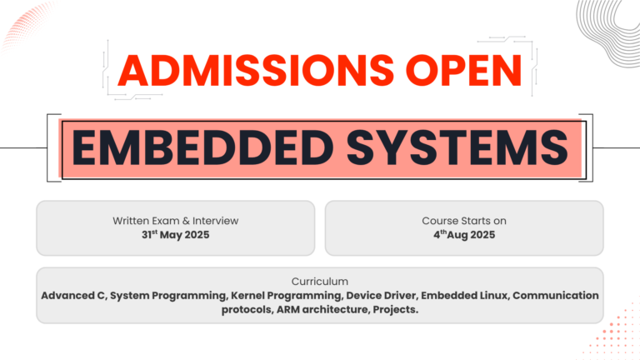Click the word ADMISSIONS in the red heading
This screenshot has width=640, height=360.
[x=256, y=70]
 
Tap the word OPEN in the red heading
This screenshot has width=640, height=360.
[x=464, y=70]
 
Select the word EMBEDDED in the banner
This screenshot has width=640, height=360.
[x=202, y=147]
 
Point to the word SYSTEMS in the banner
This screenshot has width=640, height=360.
[x=457, y=147]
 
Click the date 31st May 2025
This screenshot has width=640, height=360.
[x=176, y=235]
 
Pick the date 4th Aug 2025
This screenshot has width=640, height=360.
[x=464, y=235]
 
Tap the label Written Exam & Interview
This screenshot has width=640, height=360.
[x=176, y=221]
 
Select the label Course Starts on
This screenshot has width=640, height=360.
[x=464, y=221]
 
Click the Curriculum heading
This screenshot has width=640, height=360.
[x=320, y=282]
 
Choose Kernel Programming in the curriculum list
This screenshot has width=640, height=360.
[x=287, y=296]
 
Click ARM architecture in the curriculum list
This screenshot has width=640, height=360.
[x=323, y=309]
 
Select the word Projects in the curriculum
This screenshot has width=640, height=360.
[x=396, y=310]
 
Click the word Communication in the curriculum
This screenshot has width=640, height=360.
[x=556, y=296]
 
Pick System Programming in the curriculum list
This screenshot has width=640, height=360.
[x=168, y=296]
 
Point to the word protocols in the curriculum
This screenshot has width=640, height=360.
[x=247, y=310]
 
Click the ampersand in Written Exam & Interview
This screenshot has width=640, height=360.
[x=186, y=221]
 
